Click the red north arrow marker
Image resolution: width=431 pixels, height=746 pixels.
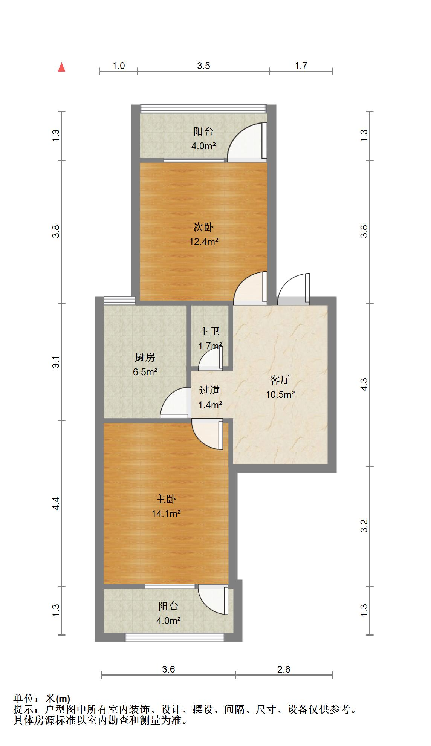click(x=62, y=67)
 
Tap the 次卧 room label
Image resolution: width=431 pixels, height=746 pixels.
click(x=203, y=227)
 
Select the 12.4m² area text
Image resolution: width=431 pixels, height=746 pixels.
click(x=204, y=242)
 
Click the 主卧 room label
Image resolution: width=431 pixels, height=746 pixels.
click(x=166, y=499)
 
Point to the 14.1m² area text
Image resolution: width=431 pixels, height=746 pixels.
click(x=166, y=514)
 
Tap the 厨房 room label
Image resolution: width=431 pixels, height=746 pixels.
click(x=145, y=357)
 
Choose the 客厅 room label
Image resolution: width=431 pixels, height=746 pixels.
click(x=280, y=380)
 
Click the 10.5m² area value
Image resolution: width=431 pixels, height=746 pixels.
click(x=280, y=394)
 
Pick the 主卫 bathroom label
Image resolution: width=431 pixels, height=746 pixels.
click(x=209, y=331)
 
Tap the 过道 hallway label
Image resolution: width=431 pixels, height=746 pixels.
click(x=209, y=390)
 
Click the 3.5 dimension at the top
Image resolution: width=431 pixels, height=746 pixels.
click(x=203, y=66)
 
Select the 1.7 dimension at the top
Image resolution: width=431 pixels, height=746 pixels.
click(x=301, y=66)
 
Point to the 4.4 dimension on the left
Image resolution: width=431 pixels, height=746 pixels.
click(x=56, y=503)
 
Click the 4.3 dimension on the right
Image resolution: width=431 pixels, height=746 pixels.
click(x=364, y=384)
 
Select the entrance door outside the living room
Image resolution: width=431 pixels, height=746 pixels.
click(x=294, y=289)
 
